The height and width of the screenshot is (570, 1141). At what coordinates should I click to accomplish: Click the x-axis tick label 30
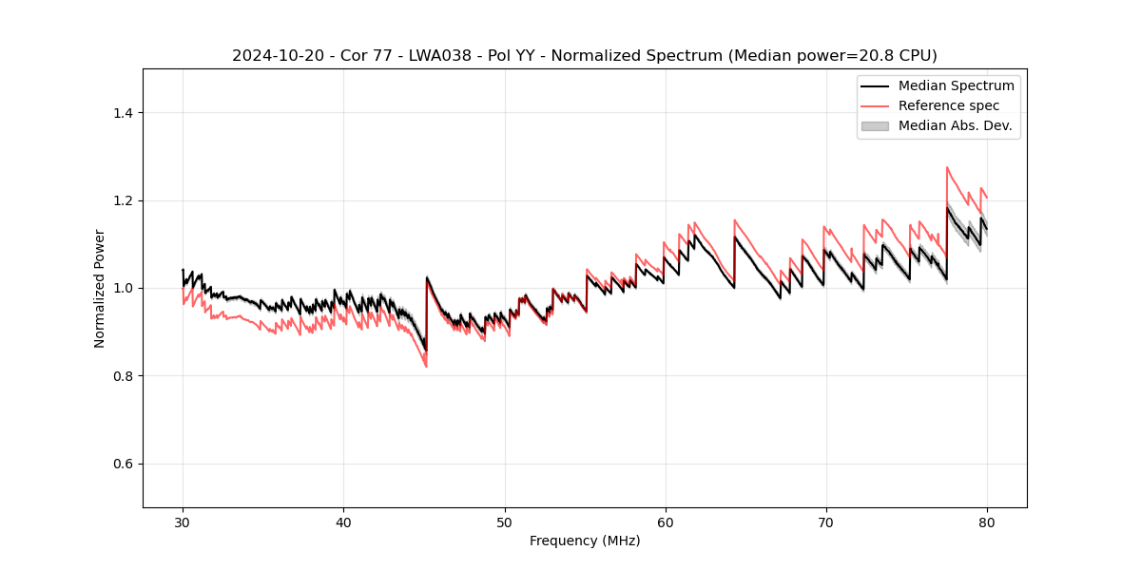tap(183, 522)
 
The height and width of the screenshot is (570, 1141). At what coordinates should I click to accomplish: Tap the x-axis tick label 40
tap(343, 522)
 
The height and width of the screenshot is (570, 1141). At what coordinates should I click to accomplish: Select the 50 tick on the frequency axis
tap(504, 522)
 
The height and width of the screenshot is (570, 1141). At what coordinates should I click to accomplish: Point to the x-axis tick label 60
tap(666, 522)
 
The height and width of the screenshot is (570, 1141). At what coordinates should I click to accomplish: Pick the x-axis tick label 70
tap(826, 522)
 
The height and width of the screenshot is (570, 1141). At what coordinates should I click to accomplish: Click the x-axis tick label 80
tap(987, 522)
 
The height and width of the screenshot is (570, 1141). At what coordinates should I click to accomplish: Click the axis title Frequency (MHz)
tap(585, 541)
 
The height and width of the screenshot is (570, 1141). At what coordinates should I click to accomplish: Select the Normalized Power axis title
tap(100, 289)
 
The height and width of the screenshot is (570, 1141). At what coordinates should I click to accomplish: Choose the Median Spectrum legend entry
tap(956, 85)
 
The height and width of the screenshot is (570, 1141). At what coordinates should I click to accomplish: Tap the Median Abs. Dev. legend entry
tap(955, 125)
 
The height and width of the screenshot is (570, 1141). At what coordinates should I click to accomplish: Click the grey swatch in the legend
tap(875, 125)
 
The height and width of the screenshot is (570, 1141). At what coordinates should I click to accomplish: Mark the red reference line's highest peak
tap(947, 167)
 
